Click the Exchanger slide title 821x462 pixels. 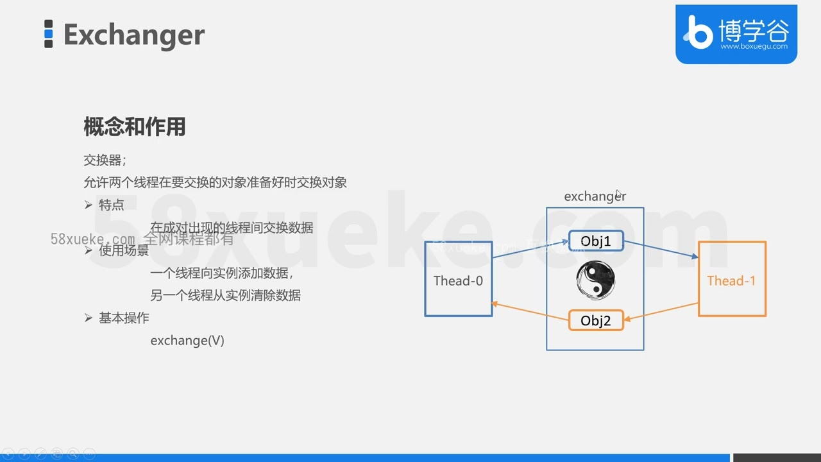point(133,35)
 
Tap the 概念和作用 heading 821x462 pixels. point(134,127)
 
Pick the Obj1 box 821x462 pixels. point(595,241)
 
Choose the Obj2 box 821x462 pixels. point(595,320)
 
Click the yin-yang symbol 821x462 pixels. point(595,280)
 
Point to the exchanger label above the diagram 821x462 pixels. point(595,196)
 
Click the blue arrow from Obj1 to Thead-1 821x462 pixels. point(661,249)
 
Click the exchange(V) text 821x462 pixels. point(187,341)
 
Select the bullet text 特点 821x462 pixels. point(112,205)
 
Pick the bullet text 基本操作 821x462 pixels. point(124,318)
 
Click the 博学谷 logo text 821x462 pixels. point(753,30)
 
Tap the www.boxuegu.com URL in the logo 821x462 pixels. point(754,46)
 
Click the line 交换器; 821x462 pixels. point(105,160)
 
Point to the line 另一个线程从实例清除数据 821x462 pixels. point(225,296)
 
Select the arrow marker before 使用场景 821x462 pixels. point(89,250)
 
